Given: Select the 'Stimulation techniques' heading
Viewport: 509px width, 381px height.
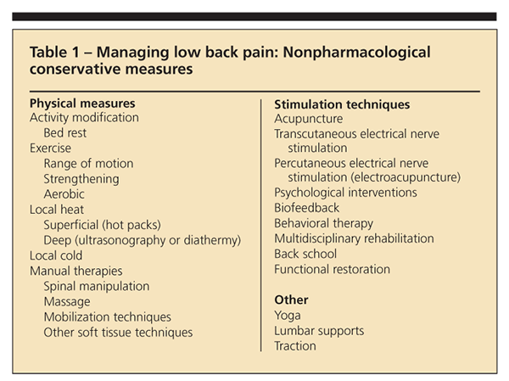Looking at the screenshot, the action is click(343, 104).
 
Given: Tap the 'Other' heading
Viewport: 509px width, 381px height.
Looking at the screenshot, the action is click(291, 300).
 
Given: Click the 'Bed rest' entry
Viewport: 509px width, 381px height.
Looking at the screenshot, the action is click(65, 133).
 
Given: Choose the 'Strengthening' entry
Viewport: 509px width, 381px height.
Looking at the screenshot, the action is click(81, 179).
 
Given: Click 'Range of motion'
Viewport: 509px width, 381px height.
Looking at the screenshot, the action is click(88, 164).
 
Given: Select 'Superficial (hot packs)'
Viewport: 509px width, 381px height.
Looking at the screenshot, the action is click(102, 225).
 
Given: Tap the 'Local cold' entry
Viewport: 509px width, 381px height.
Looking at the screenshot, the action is click(57, 255).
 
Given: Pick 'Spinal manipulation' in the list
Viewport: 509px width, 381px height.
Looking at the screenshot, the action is click(97, 287).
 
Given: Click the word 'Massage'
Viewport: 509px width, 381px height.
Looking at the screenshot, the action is click(67, 302).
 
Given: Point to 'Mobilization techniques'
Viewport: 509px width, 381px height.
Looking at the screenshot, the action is click(108, 317).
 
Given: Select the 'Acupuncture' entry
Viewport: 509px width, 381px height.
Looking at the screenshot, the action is click(309, 119).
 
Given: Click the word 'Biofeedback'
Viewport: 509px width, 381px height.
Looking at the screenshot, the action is click(307, 208).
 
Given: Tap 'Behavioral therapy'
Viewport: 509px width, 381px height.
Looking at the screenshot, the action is click(324, 223).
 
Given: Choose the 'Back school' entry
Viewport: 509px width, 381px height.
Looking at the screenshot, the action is click(305, 254).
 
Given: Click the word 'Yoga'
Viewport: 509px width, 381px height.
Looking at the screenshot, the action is click(288, 315).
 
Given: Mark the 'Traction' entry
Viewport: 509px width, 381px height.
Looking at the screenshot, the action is click(295, 345).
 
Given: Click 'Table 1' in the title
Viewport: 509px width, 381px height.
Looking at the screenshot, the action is click(56, 53).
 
